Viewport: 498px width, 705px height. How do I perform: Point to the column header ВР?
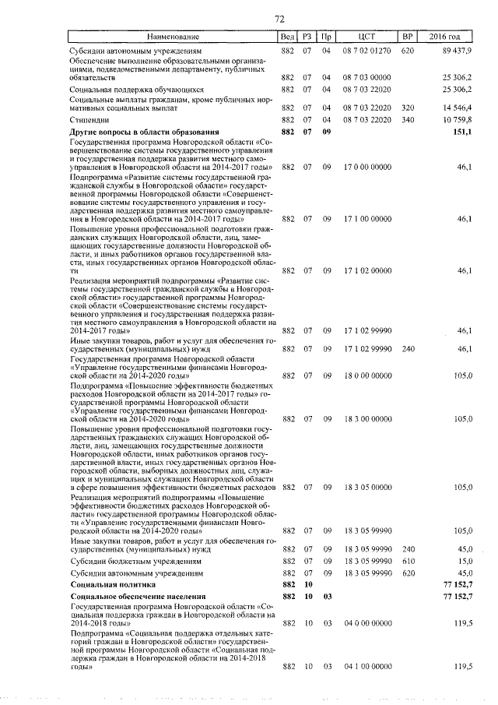[406, 37]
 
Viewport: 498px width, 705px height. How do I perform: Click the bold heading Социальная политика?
[112, 583]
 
